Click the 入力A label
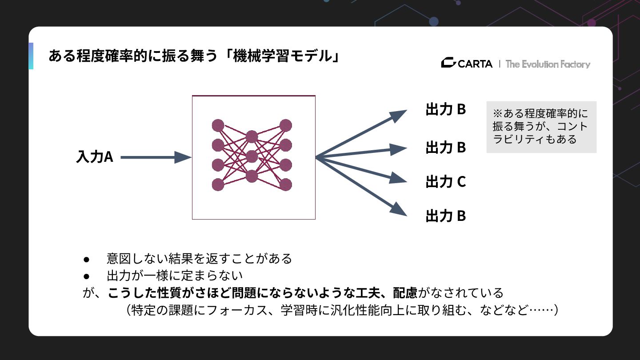tap(95, 157)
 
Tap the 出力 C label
tap(445, 181)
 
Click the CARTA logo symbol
tap(448, 64)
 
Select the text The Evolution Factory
tap(548, 64)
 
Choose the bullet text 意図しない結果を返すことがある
tap(199, 258)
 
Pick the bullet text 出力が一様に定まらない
tap(175, 276)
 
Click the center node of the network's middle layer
tap(252, 156)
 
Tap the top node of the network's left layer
tap(218, 125)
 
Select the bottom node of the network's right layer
tap(286, 184)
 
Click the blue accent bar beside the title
tap(31, 56)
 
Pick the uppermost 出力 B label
tap(445, 109)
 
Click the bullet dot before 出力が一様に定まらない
tap(87, 276)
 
